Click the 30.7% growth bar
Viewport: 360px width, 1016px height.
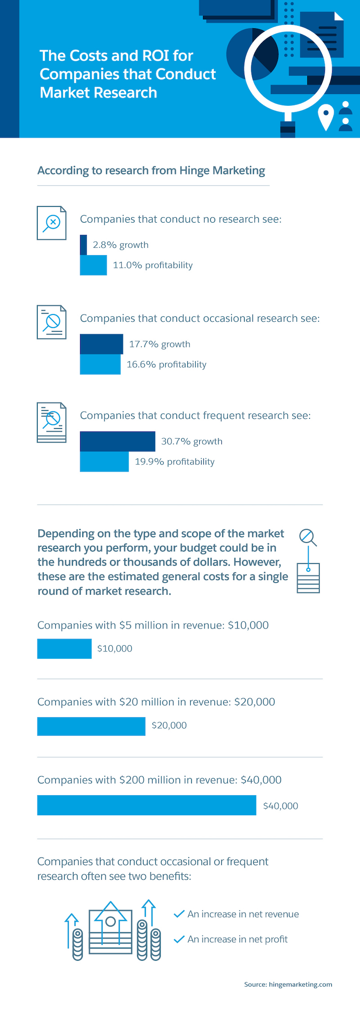tap(117, 441)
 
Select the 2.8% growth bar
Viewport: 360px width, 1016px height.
tap(83, 245)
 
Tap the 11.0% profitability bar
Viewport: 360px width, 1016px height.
tap(93, 265)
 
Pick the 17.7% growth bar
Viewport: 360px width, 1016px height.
tap(101, 344)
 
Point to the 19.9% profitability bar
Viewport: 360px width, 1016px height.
tap(104, 462)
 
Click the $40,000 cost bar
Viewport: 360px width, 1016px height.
tap(146, 805)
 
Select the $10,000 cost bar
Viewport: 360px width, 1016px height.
tap(64, 648)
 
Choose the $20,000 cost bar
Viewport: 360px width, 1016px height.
tap(91, 726)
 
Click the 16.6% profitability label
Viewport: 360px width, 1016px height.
tap(166, 364)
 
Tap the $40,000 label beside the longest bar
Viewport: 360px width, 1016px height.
tap(280, 806)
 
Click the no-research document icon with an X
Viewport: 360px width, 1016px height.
tap(51, 223)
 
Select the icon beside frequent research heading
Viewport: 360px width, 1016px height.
tap(51, 422)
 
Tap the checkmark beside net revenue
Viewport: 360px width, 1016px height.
tap(179, 913)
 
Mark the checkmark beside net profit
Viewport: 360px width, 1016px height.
tap(179, 939)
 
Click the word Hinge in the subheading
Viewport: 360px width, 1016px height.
tap(194, 171)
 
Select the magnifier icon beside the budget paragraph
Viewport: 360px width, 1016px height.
tap(307, 537)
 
